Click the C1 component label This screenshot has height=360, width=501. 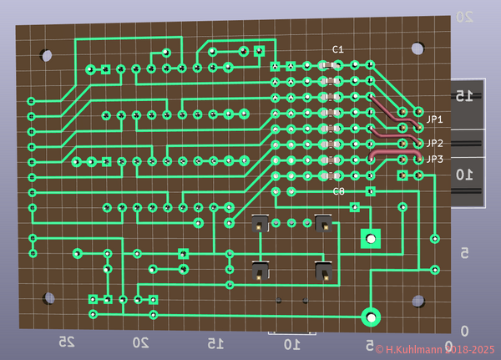[x=337, y=49]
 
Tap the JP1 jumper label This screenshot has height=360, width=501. [x=434, y=119]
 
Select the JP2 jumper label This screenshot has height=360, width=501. [x=434, y=144]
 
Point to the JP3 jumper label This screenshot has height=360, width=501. [x=434, y=159]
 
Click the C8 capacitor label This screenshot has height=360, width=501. [x=338, y=191]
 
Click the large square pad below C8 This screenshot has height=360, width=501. [x=369, y=239]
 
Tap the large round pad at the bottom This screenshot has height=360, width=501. [x=370, y=317]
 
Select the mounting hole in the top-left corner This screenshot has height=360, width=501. [x=46, y=55]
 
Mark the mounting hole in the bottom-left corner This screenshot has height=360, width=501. [x=52, y=298]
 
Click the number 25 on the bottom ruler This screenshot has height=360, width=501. [x=65, y=342]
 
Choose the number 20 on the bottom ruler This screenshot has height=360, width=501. [x=140, y=342]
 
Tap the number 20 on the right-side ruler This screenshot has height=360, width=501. [x=463, y=17]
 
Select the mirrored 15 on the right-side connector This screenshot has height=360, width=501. [x=464, y=96]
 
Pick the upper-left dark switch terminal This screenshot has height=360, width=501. [x=260, y=223]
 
